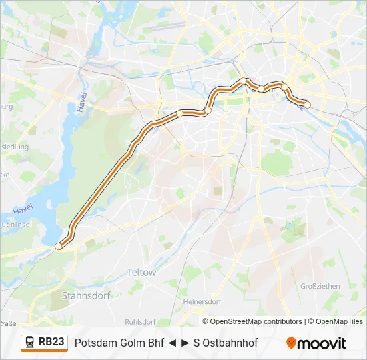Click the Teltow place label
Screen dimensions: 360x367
click(x=141, y=272)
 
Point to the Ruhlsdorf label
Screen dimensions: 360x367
click(x=140, y=319)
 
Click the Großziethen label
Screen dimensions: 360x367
click(x=320, y=286)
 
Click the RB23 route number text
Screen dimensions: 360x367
click(x=51, y=342)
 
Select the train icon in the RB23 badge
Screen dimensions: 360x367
click(x=30, y=343)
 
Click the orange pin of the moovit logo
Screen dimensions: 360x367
click(x=292, y=343)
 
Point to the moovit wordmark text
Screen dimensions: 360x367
click(x=322, y=343)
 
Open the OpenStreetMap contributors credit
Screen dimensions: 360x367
click(x=256, y=321)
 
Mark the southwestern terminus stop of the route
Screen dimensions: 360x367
click(x=58, y=246)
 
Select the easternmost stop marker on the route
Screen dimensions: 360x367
click(x=308, y=105)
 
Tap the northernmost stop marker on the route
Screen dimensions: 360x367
click(x=243, y=81)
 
